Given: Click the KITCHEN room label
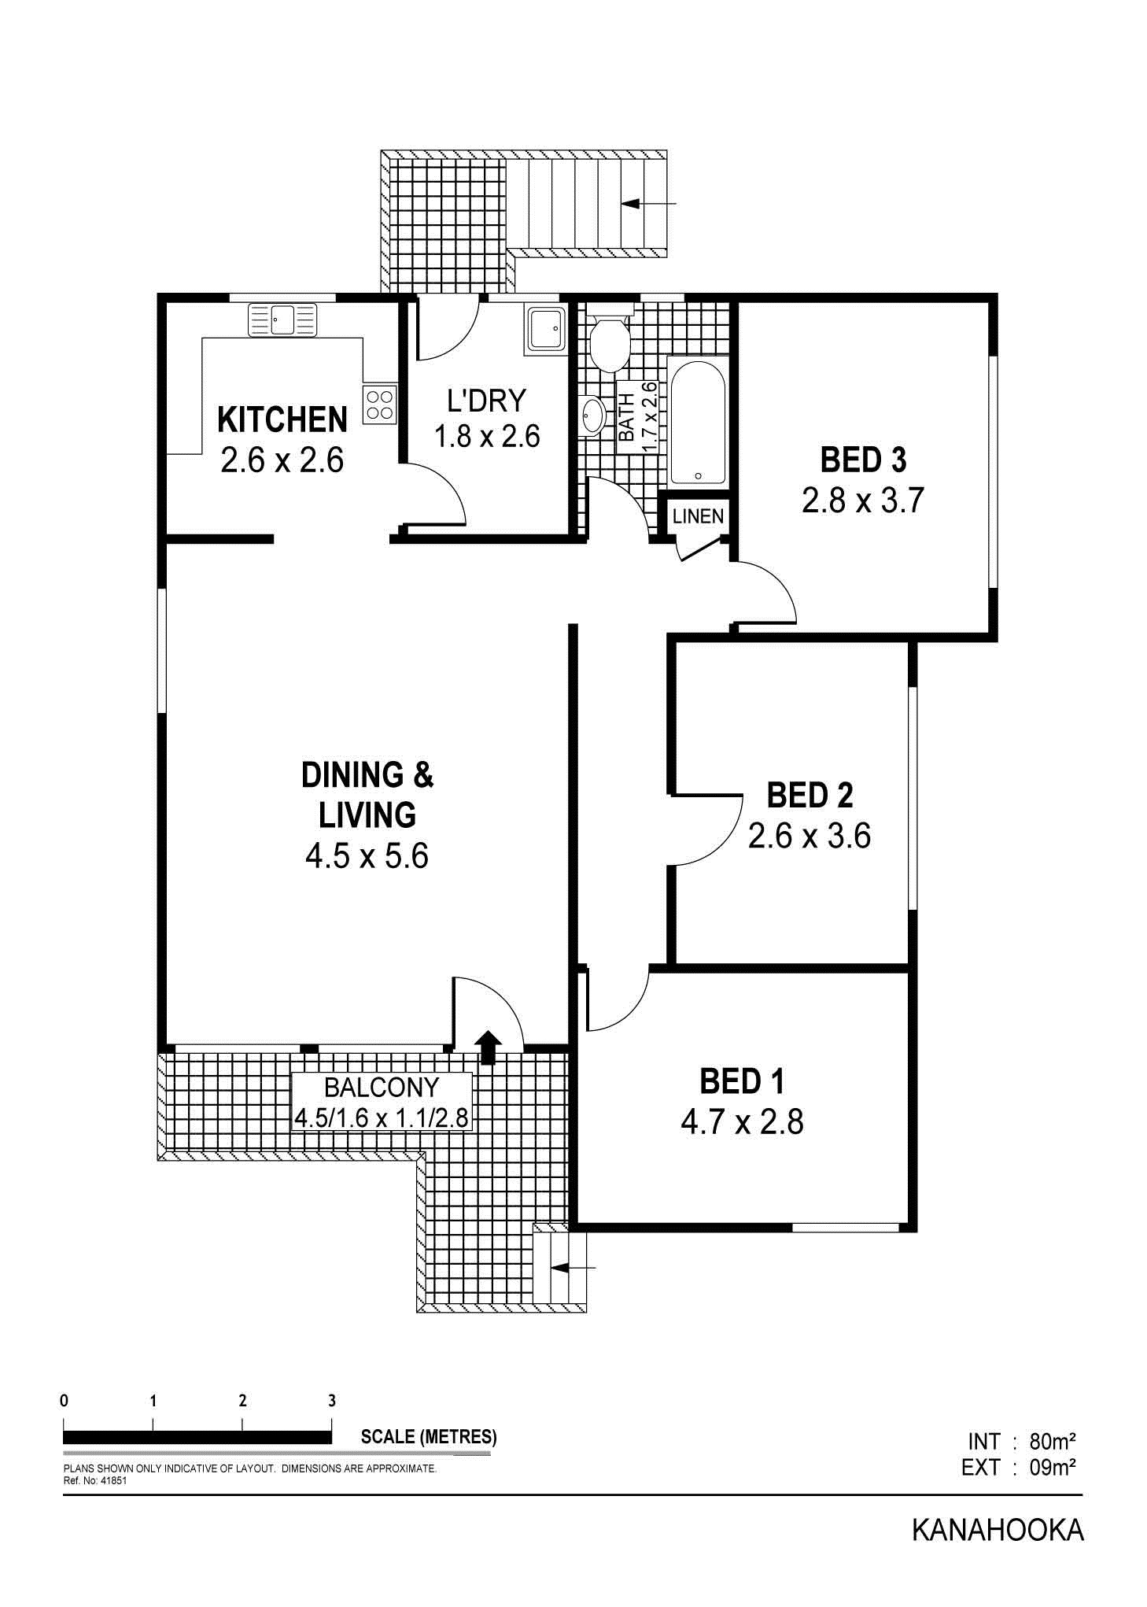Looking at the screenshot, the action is (x=282, y=420).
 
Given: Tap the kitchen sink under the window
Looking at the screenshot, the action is (x=282, y=320).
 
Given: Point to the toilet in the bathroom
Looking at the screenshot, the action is (x=609, y=342).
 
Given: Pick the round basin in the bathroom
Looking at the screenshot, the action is (x=592, y=414).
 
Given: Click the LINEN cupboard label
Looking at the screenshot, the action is (x=698, y=516).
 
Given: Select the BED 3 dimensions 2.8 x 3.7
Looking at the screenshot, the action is (x=862, y=501).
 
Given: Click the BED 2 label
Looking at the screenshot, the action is (x=810, y=795).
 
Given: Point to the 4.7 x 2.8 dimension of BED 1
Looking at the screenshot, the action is (x=742, y=1122).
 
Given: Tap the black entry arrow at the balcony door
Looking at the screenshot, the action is (x=489, y=1047).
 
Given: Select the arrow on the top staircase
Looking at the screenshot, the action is (x=648, y=204).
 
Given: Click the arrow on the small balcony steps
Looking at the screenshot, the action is (x=573, y=1268).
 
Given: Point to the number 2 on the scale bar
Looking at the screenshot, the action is (x=242, y=1401).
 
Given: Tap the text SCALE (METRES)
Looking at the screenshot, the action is (x=429, y=1436).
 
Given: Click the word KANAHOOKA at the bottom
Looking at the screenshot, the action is (x=998, y=1531).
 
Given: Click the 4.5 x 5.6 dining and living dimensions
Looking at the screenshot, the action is (x=367, y=855).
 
